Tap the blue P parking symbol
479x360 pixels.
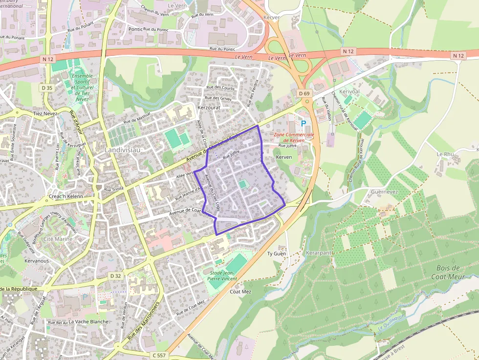click(x=304, y=125)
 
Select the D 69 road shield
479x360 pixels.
click(x=304, y=93)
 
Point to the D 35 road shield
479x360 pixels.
click(x=47, y=88)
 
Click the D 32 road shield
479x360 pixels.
click(x=115, y=276)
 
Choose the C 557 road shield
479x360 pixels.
click(x=159, y=355)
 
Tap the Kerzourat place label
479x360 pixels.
click(x=209, y=107)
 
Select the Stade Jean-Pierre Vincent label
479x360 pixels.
click(x=223, y=275)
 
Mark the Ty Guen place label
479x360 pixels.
click(x=276, y=254)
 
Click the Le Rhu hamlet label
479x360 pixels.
click(x=445, y=154)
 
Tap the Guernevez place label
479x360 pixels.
click(x=384, y=192)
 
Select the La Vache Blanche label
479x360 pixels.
click(x=88, y=322)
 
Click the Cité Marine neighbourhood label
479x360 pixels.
click(x=58, y=239)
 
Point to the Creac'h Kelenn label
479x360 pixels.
click(x=66, y=196)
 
